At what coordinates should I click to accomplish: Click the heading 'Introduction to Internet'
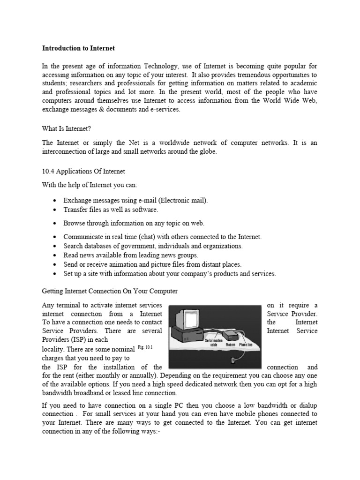[78, 48]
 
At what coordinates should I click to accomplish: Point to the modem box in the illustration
[231, 335]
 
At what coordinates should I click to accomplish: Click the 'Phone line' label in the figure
[246, 345]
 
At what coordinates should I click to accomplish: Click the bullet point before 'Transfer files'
[55, 210]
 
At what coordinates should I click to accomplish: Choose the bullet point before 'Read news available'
[55, 255]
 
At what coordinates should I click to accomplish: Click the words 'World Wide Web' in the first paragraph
[293, 101]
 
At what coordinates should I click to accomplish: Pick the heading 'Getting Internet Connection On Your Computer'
[110, 291]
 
